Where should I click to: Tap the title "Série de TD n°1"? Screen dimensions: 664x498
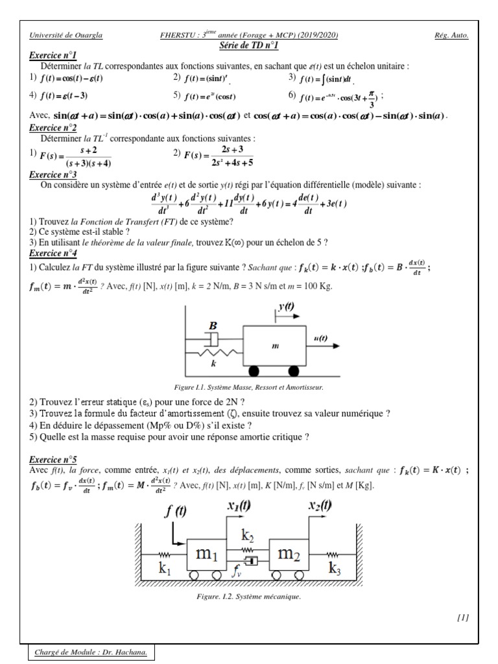tap(249, 45)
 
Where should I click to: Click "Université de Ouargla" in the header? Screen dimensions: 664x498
tap(65, 36)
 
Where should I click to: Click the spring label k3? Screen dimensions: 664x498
tap(334, 570)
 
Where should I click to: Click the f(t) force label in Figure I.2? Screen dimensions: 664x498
tap(175, 510)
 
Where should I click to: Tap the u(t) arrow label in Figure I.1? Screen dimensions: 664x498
tap(320, 338)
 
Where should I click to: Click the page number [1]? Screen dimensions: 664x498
tap(462, 617)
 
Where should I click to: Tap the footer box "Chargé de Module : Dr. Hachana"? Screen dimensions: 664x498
tap(91, 652)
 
